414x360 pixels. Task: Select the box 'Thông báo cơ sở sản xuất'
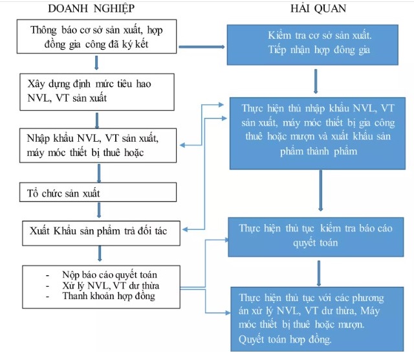pyautogui.click(x=96, y=38)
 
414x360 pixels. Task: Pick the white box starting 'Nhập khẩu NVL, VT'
pyautogui.click(x=96, y=146)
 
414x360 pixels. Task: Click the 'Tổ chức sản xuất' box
pyautogui.click(x=96, y=192)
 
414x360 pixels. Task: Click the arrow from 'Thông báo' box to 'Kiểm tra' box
pyautogui.click(x=201, y=47)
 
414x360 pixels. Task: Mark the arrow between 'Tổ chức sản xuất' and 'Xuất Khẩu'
pyautogui.click(x=98, y=210)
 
